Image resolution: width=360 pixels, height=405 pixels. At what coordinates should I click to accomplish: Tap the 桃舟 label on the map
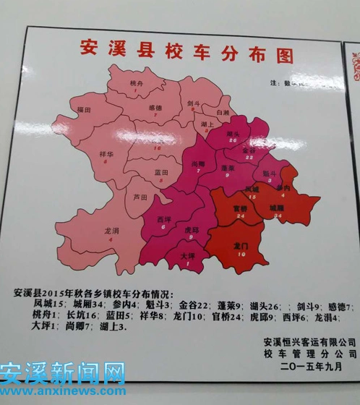137,85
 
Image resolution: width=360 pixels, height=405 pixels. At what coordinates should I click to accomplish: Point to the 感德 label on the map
155,108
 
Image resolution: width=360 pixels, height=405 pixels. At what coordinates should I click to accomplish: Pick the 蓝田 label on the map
162,172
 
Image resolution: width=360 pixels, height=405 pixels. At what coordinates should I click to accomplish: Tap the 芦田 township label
140,197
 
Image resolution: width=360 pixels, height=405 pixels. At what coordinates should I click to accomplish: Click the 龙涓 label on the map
111,230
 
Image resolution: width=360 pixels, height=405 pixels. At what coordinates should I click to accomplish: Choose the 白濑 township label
222,114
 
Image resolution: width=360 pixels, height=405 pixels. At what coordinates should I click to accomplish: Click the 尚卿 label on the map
199,164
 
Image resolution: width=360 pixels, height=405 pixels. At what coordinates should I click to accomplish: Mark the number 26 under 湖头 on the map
233,140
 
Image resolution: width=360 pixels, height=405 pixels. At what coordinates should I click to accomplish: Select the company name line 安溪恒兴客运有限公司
309,341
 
